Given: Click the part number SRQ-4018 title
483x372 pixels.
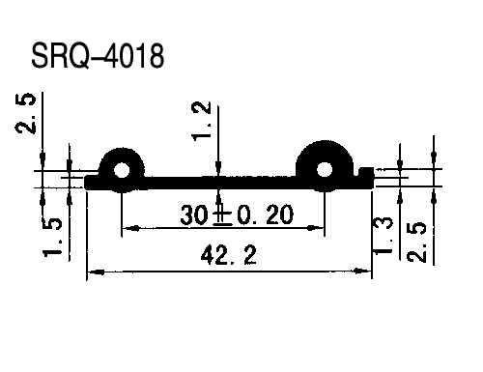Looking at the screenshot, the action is pos(98,56).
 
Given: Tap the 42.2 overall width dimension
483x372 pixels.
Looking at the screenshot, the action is pos(228,255).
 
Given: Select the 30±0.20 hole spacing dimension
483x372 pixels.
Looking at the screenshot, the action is pos(237,215).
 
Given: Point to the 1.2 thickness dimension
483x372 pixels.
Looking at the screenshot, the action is pos(202,121).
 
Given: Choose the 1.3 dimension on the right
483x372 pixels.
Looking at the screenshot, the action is pos(383,236).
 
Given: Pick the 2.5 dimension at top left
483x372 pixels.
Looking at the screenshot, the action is pos(25,113).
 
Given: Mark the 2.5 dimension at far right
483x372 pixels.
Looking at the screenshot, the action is pos(416,242).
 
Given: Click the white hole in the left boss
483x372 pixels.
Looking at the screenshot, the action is pos(122,170).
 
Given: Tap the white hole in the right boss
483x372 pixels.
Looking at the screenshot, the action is pos(325,169).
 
